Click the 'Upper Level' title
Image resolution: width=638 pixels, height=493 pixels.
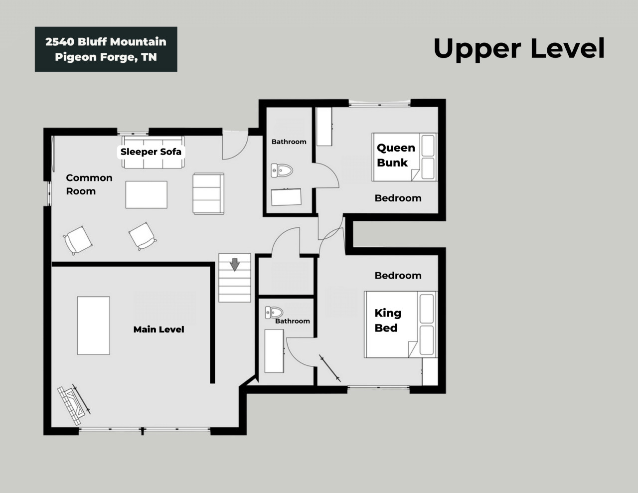[519, 49]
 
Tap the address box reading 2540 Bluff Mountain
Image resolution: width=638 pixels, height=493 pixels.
[106, 49]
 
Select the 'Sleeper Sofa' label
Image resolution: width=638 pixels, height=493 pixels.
[151, 152]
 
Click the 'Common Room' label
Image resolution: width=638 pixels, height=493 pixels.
[89, 184]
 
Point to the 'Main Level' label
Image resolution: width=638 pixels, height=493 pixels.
[159, 329]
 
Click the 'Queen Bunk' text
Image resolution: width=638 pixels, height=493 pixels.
[396, 155]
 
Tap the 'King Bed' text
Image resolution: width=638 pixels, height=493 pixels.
[388, 321]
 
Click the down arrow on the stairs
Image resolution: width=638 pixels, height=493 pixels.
[235, 265]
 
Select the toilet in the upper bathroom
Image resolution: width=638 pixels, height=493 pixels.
[282, 170]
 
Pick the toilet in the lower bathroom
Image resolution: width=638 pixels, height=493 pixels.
[274, 312]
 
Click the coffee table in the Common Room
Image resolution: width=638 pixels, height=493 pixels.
[146, 195]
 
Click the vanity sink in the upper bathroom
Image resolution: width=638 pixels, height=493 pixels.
[286, 197]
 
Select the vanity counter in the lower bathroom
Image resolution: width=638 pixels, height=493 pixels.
[274, 351]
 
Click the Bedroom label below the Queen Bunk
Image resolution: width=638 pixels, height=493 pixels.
[398, 198]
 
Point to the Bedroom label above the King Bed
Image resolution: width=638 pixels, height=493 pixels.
[398, 276]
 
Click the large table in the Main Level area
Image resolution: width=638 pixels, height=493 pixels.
[93, 326]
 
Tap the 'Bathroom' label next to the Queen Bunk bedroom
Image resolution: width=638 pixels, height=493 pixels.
[289, 142]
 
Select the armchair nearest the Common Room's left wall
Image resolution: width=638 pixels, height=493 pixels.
[78, 240]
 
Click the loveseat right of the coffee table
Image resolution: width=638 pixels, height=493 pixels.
[208, 193]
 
